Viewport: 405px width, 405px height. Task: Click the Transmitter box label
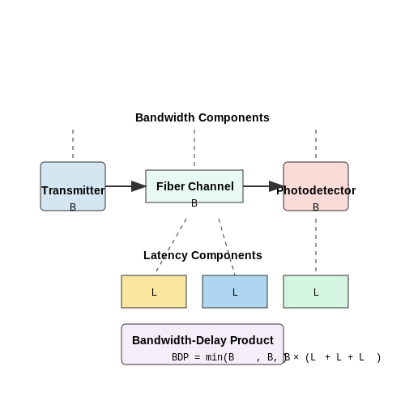[73, 190]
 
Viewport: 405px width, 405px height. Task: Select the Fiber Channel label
[195, 186]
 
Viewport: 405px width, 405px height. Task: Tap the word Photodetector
[316, 190]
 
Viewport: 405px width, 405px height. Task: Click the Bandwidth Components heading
[202, 117]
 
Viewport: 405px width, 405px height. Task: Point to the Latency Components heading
[202, 255]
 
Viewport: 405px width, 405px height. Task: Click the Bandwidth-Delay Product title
[202, 340]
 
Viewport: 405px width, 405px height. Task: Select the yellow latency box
[154, 292]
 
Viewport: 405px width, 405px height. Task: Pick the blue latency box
[235, 292]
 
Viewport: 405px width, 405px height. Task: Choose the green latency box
[316, 292]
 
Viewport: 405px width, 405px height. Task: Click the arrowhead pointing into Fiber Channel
[139, 186]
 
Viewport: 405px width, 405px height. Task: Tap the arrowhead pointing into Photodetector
[276, 186]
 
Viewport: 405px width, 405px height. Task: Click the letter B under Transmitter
[73, 207]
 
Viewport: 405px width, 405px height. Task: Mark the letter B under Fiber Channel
[194, 203]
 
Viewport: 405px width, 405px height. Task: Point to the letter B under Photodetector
[316, 207]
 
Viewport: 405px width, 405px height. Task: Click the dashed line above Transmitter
[73, 143]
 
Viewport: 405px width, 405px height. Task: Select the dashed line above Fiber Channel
[194, 147]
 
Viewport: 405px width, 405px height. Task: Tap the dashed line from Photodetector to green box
[316, 245]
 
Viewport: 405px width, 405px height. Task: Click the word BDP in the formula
[180, 357]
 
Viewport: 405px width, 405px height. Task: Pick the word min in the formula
[214, 357]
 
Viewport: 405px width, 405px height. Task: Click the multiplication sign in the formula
[296, 357]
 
